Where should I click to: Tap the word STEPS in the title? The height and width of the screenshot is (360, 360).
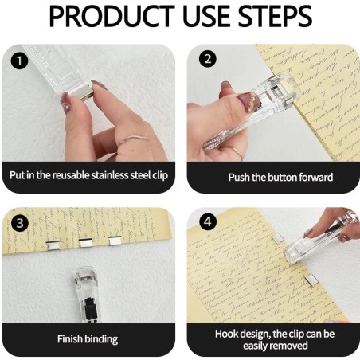click(x=271, y=18)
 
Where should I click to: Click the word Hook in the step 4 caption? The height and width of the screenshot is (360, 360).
click(x=227, y=334)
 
